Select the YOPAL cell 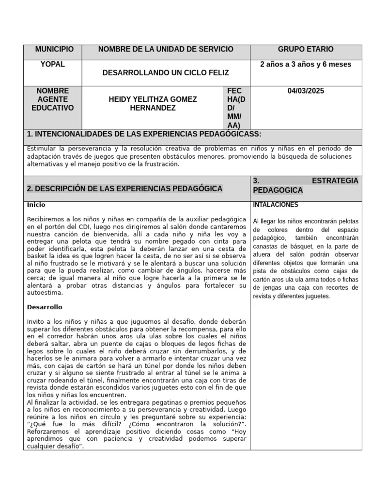(x=53, y=65)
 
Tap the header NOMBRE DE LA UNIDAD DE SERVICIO (x=166, y=50)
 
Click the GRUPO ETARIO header (x=305, y=50)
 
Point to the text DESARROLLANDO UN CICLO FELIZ (x=166, y=73)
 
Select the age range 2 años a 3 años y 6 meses (x=305, y=65)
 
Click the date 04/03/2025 (x=305, y=91)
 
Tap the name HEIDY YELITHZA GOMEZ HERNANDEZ (x=153, y=103)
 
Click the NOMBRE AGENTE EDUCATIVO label (x=53, y=99)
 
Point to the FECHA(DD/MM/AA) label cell (x=236, y=108)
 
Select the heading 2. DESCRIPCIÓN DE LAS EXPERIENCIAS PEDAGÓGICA (x=125, y=188)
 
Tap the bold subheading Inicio (x=36, y=205)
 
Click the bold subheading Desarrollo (x=45, y=307)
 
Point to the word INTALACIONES (x=276, y=205)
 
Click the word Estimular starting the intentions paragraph (x=42, y=148)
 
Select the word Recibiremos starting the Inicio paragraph (x=48, y=219)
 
